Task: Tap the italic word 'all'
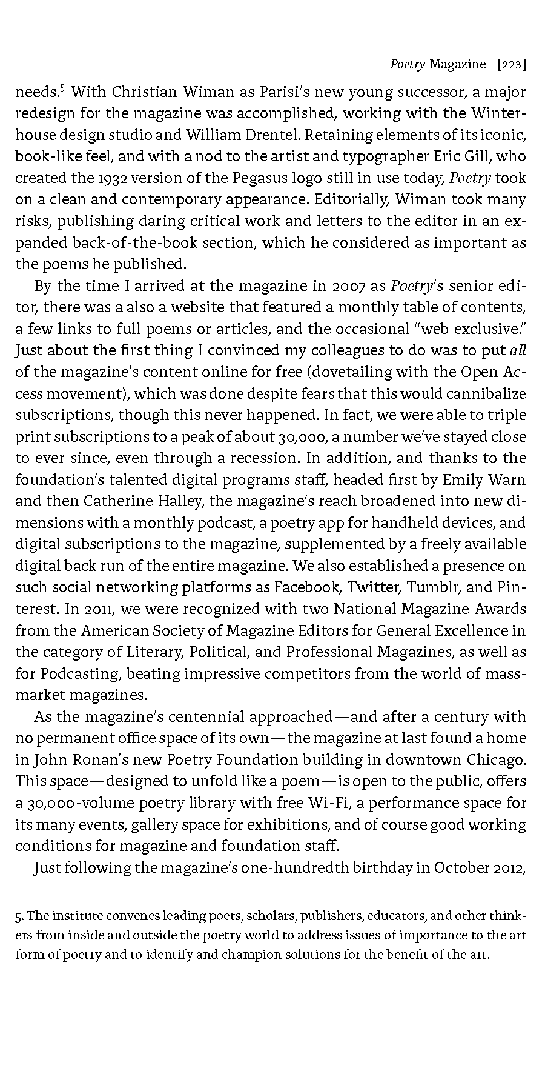518,350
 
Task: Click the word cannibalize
487,393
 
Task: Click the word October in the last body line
461,867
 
